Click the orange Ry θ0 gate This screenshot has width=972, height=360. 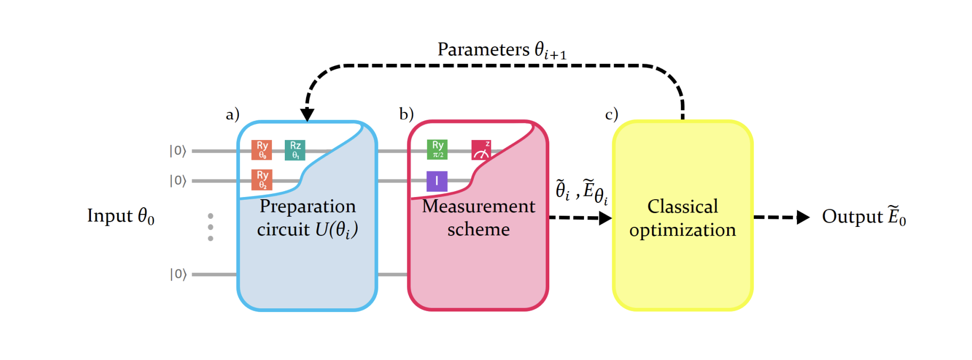click(x=261, y=150)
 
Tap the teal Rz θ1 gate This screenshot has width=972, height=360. click(x=295, y=150)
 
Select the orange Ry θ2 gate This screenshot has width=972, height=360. click(x=261, y=180)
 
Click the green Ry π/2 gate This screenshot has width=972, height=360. click(x=437, y=150)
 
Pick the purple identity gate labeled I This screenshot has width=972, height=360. click(x=436, y=181)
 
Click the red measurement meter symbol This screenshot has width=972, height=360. click(x=481, y=150)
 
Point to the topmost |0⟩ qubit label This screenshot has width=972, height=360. click(x=178, y=151)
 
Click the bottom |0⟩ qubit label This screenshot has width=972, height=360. click(x=178, y=274)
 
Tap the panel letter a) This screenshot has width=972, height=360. click(x=233, y=114)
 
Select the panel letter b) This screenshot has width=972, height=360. click(x=406, y=114)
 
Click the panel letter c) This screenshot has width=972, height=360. click(x=612, y=114)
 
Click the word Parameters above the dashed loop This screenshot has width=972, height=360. click(x=483, y=49)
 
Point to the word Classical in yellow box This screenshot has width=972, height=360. click(x=682, y=206)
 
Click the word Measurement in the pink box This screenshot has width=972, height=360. click(x=479, y=206)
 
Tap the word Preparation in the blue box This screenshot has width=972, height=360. click(x=308, y=206)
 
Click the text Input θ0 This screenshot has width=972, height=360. click(x=121, y=216)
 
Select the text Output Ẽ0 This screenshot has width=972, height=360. click(x=863, y=216)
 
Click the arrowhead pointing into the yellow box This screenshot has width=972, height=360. click(x=605, y=218)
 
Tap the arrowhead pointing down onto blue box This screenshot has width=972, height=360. click(x=307, y=114)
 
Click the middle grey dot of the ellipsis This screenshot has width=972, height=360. click(x=211, y=227)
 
